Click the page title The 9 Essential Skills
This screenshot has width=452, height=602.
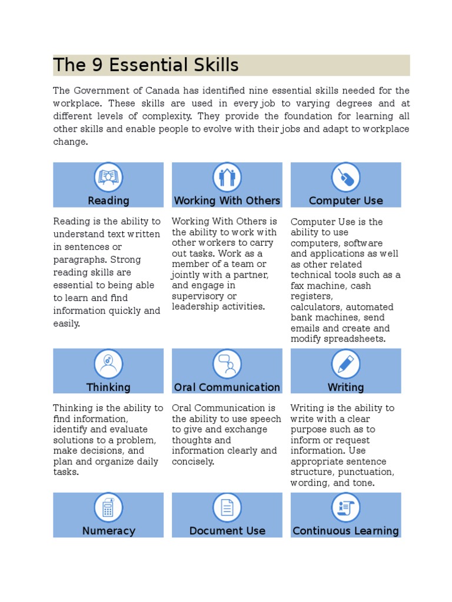pyautogui.click(x=146, y=65)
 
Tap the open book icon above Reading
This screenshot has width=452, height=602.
pyautogui.click(x=108, y=176)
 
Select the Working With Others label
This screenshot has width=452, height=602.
pyautogui.click(x=227, y=200)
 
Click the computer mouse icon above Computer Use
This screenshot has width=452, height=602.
pyautogui.click(x=345, y=177)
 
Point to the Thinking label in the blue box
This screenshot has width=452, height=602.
pyautogui.click(x=108, y=387)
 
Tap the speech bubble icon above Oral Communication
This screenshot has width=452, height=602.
pyautogui.click(x=227, y=363)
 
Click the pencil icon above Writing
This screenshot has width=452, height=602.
pyautogui.click(x=345, y=363)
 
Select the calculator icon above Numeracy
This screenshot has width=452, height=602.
pyautogui.click(x=108, y=507)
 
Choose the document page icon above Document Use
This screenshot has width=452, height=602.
pyautogui.click(x=227, y=507)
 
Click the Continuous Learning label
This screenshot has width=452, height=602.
pyautogui.click(x=345, y=531)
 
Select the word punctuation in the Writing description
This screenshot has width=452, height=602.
pyautogui.click(x=365, y=472)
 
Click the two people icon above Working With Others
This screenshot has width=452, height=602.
pyautogui.click(x=227, y=176)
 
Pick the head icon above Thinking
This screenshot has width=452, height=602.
pyautogui.click(x=108, y=363)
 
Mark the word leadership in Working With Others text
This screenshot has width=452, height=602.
pyautogui.click(x=195, y=306)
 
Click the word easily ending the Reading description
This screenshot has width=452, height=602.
pyautogui.click(x=66, y=323)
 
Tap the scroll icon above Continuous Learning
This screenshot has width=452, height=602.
pyautogui.click(x=345, y=507)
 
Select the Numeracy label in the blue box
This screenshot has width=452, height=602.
pyautogui.click(x=108, y=531)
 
